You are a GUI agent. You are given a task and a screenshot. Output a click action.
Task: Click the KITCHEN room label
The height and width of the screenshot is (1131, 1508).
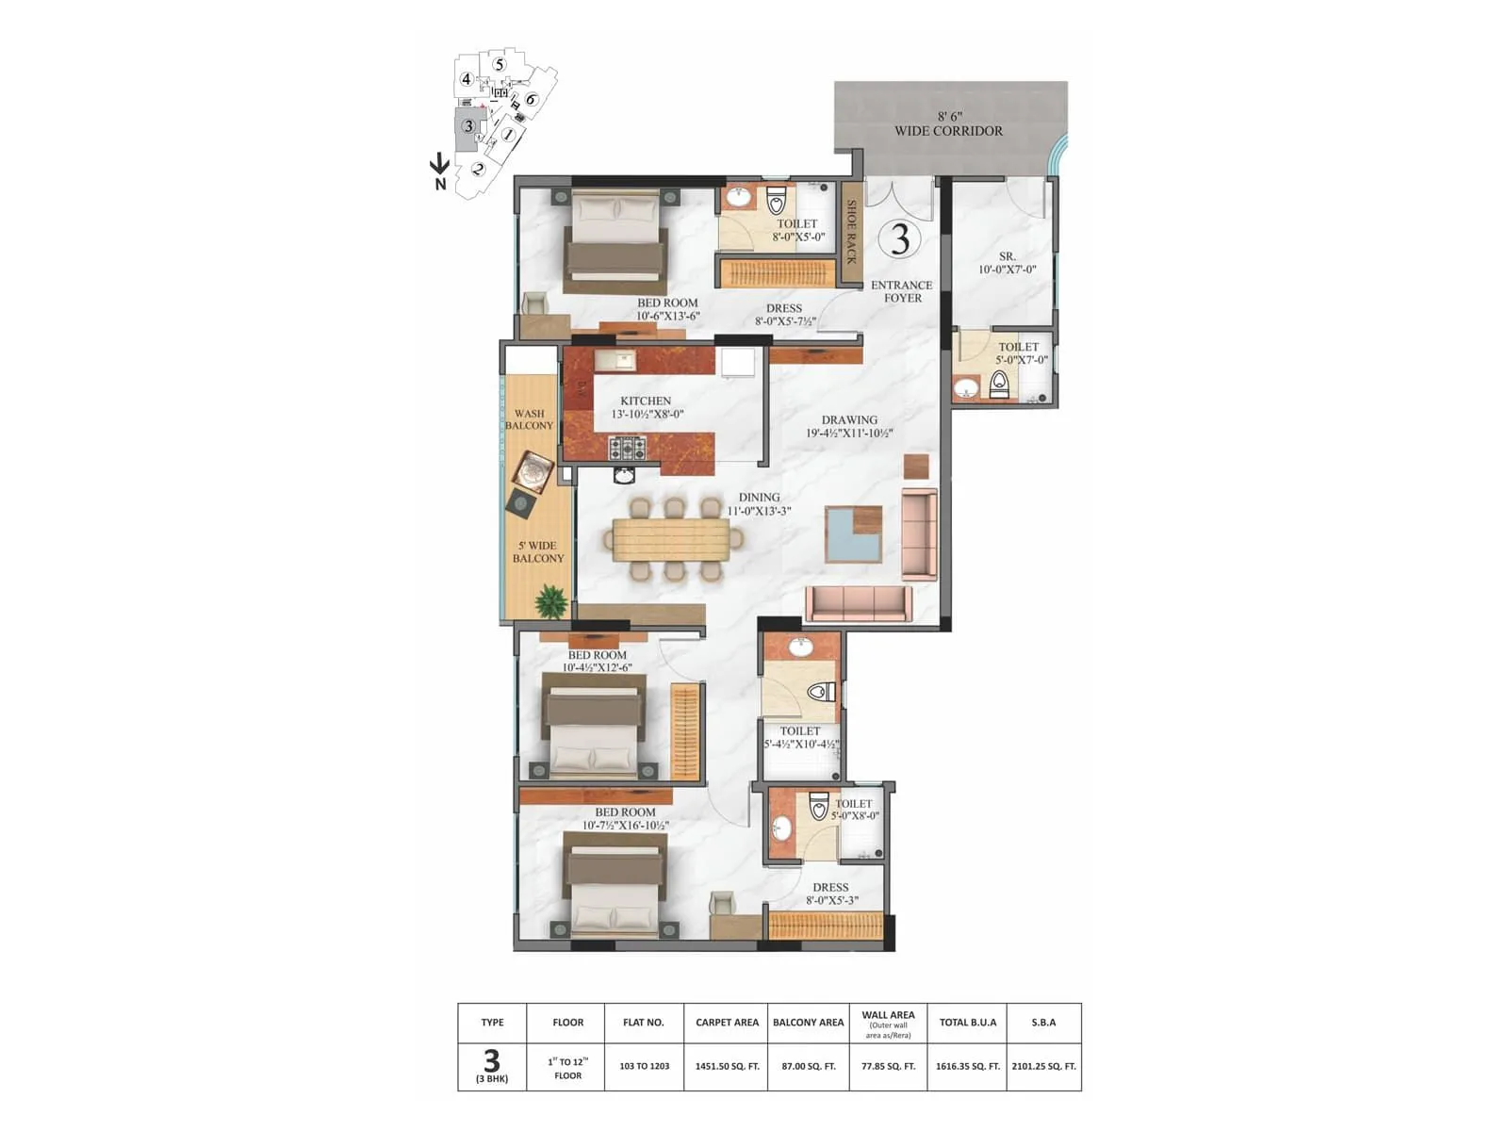pyautogui.click(x=646, y=402)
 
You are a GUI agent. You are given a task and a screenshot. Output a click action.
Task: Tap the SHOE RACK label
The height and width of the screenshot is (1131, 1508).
pyautogui.click(x=851, y=232)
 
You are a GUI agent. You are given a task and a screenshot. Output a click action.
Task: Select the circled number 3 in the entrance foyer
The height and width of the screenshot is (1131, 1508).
pyautogui.click(x=900, y=239)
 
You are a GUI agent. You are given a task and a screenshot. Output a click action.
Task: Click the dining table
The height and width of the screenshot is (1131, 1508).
pyautogui.click(x=671, y=540)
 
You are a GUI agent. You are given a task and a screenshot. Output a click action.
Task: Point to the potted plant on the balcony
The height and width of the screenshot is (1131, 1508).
pyautogui.click(x=549, y=600)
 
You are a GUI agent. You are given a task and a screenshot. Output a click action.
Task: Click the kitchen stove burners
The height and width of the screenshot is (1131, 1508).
pyautogui.click(x=627, y=447)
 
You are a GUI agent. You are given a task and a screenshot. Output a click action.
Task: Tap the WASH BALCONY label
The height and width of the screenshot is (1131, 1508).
pyautogui.click(x=529, y=419)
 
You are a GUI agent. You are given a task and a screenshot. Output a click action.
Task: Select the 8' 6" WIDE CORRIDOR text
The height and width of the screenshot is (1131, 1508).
pyautogui.click(x=948, y=124)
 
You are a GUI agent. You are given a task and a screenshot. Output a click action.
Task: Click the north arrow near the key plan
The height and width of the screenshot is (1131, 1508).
pyautogui.click(x=439, y=166)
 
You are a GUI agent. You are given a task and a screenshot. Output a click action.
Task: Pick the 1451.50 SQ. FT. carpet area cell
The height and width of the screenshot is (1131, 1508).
pyautogui.click(x=727, y=1066)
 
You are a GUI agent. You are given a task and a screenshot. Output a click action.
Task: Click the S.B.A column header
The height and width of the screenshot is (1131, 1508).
pyautogui.click(x=1043, y=1022)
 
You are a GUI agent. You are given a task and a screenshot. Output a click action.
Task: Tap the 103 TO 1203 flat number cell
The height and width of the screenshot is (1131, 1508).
pyautogui.click(x=645, y=1066)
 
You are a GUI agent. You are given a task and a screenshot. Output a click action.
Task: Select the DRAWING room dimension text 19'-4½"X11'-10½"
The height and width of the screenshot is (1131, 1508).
pyautogui.click(x=849, y=434)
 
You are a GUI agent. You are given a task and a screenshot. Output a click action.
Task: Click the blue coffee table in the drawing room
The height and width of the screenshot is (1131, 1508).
pyautogui.click(x=853, y=534)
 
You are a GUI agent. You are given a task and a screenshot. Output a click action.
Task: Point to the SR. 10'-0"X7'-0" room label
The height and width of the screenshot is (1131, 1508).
pyautogui.click(x=1007, y=263)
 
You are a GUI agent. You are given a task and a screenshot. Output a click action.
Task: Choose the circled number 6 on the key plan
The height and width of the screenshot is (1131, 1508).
pyautogui.click(x=531, y=100)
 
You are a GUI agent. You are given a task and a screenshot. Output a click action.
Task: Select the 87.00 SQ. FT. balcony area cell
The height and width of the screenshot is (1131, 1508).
pyautogui.click(x=808, y=1066)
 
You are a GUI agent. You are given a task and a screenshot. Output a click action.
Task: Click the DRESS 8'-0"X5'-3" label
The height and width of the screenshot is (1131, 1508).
pyautogui.click(x=830, y=893)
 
